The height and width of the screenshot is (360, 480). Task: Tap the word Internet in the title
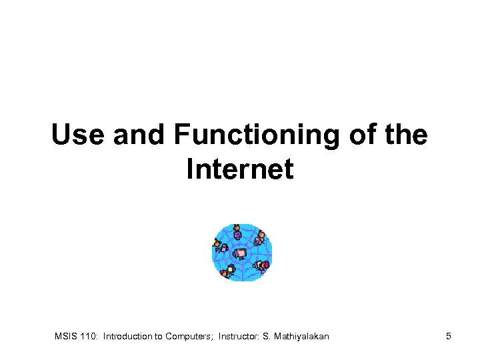point(240,169)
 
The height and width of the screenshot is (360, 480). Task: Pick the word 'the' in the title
point(403,135)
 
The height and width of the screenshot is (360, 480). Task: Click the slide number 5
point(449,337)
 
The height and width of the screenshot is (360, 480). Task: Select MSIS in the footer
point(66,337)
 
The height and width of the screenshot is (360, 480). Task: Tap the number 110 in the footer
point(89,337)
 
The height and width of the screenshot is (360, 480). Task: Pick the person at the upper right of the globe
point(259,238)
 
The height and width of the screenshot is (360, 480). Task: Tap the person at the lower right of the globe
point(263,265)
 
